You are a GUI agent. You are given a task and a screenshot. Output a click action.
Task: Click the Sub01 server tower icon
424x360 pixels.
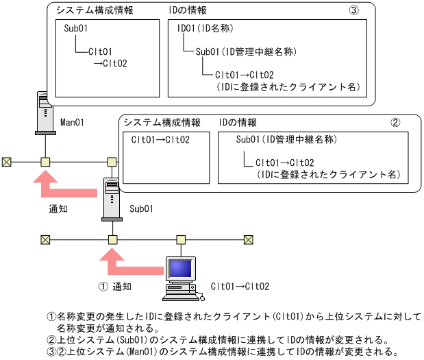coord(112,198)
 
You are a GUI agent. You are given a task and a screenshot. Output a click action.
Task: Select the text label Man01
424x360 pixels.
coord(73,123)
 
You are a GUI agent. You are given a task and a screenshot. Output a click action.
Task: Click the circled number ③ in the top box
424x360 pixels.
coord(353,12)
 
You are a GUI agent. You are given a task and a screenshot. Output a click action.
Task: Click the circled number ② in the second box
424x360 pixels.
coord(395,123)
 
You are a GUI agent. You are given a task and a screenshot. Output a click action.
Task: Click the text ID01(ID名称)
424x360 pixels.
coord(206,29)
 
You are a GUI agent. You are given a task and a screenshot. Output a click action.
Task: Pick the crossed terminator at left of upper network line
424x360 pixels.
coord(6,163)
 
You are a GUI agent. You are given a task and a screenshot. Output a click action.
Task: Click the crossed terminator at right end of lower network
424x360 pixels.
coord(249,239)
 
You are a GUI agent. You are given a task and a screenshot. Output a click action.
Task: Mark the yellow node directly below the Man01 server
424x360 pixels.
coord(45,163)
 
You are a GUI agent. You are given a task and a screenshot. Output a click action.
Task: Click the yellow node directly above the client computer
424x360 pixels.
coord(182,239)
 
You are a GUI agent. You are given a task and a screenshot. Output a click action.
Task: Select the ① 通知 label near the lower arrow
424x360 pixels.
coord(114,286)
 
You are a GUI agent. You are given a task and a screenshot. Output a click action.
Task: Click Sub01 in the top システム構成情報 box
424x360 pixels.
coord(76,29)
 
